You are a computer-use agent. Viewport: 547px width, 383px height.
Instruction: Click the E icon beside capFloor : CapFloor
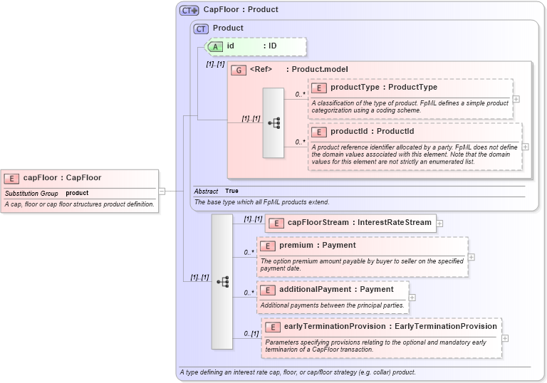(12, 178)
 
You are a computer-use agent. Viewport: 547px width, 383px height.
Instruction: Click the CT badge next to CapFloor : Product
(189, 10)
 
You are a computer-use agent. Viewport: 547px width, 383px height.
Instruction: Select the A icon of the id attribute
(215, 46)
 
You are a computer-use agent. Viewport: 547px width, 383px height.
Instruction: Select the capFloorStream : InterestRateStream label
(359, 223)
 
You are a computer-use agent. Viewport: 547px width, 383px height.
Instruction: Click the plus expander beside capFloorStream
(439, 223)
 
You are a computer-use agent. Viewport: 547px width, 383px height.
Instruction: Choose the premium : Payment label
(317, 246)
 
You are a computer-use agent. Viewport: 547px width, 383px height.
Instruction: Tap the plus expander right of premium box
(471, 257)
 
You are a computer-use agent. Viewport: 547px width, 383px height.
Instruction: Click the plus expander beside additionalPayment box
(412, 298)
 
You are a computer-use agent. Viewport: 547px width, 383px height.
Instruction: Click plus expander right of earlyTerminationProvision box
(505, 337)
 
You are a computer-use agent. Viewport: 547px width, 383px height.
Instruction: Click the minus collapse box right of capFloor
(162, 191)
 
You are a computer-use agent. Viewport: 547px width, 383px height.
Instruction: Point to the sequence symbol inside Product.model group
(273, 123)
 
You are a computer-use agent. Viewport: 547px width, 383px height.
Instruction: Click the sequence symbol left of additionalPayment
(222, 282)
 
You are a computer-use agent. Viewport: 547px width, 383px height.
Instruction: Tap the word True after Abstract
(231, 191)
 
